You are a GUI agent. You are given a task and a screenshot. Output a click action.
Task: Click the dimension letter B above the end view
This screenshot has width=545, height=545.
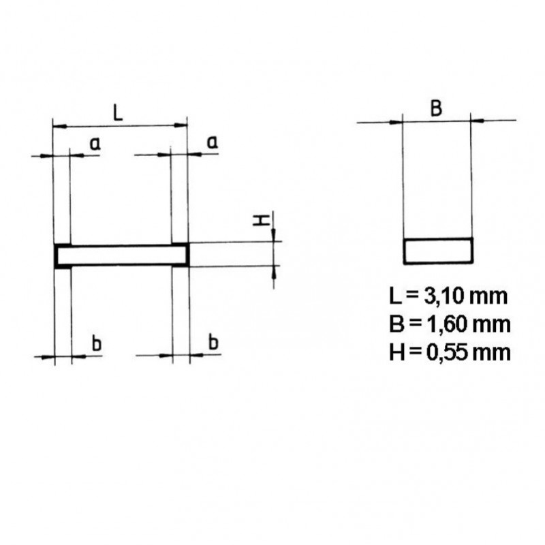(437, 108)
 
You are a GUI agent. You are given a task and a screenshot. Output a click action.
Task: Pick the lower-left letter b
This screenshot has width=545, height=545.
(96, 343)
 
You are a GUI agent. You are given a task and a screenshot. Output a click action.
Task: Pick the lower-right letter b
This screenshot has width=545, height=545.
(213, 343)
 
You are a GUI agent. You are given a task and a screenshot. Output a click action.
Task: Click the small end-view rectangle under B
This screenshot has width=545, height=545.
(438, 251)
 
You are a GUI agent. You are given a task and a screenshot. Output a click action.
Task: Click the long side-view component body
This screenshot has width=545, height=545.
(121, 255)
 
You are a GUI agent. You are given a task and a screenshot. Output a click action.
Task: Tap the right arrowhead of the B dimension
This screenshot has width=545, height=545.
(478, 122)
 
